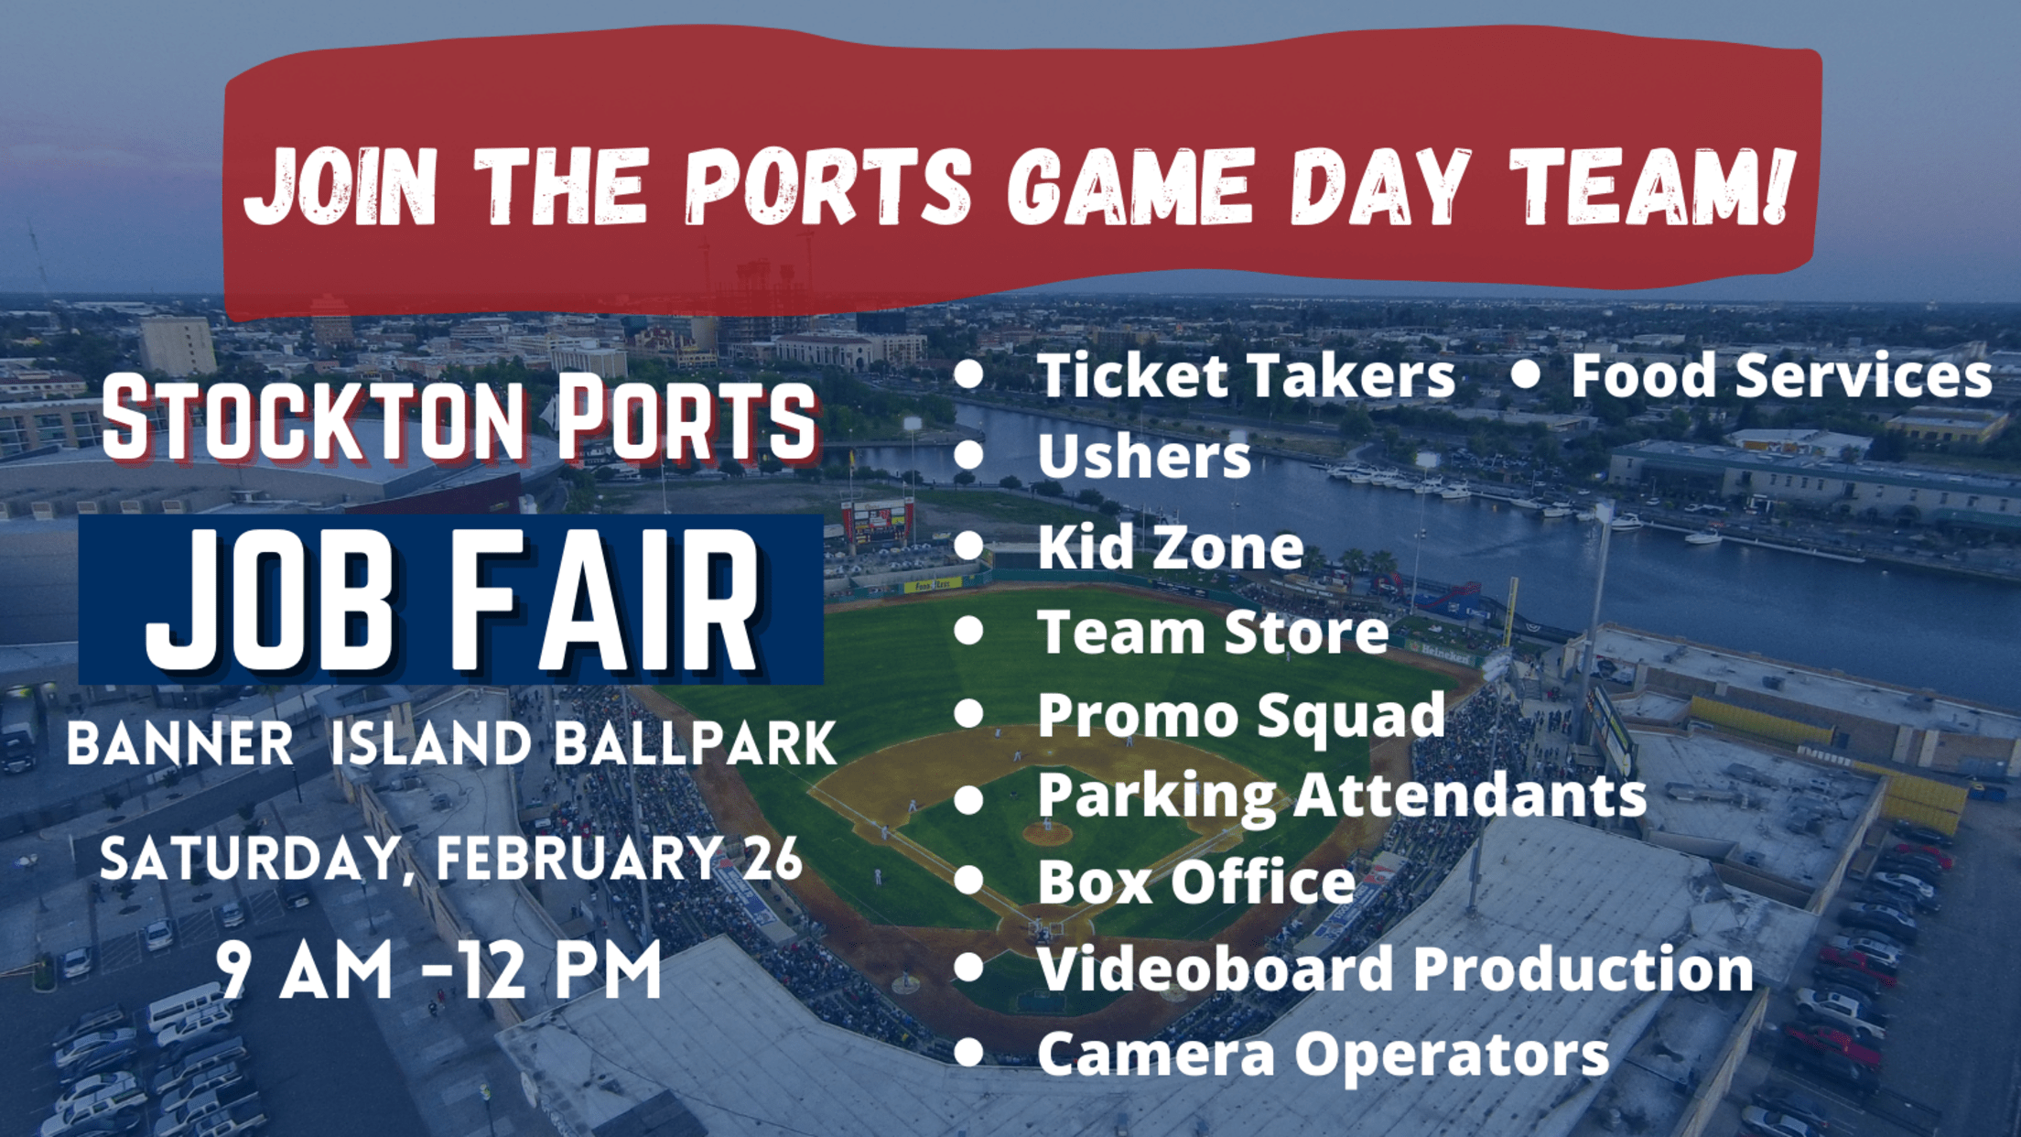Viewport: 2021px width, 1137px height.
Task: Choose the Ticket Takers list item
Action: (x=1246, y=375)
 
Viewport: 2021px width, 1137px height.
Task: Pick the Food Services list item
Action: (x=1780, y=375)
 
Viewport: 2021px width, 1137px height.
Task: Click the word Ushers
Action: (x=1143, y=455)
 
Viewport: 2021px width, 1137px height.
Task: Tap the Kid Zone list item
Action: (x=1170, y=547)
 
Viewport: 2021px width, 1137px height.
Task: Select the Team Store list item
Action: (x=1213, y=632)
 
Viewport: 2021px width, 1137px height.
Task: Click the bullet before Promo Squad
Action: (x=968, y=713)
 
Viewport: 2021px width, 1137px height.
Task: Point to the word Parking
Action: (x=1156, y=796)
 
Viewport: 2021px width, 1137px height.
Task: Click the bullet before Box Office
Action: (x=968, y=881)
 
